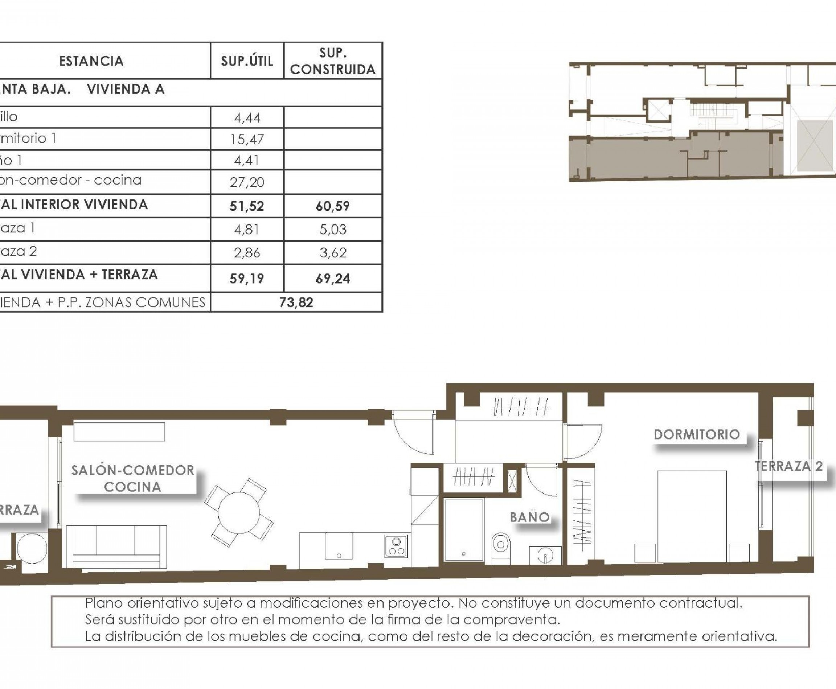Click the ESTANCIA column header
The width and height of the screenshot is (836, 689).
tap(91, 61)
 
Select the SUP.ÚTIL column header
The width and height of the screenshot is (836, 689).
tap(247, 61)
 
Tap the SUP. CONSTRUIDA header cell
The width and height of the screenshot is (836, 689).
tap(333, 61)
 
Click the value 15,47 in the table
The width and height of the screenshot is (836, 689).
tap(247, 139)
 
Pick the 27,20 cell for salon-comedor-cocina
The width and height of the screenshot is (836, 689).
tap(247, 182)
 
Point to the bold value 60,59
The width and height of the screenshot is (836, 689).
tap(333, 206)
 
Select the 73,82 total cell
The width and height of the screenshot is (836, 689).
tap(296, 302)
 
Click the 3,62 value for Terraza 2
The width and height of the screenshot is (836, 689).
tap(333, 253)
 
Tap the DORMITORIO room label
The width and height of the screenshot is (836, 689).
tap(697, 434)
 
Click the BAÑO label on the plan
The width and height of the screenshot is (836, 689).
tap(530, 517)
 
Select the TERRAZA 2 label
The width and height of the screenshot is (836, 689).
tap(789, 466)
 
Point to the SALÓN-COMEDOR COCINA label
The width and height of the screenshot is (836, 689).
tap(133, 479)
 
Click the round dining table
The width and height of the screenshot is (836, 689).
tap(239, 512)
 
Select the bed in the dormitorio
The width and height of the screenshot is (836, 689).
tap(692, 516)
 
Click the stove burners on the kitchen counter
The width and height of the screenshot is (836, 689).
tap(396, 546)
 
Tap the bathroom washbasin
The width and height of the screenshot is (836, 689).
tap(545, 555)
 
